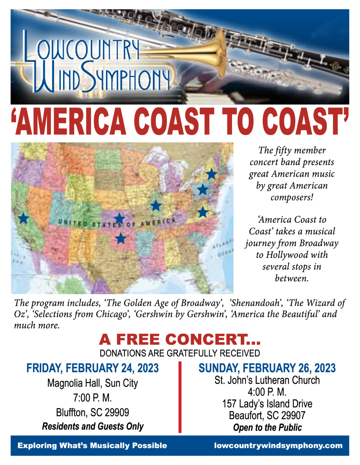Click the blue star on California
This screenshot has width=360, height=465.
pyautogui.click(x=23, y=218)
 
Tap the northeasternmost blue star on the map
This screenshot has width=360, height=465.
pyautogui.click(x=211, y=174)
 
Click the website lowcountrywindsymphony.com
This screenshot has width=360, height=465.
pyautogui.click(x=278, y=445)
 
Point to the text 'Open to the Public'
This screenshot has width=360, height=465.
pyautogui.click(x=267, y=427)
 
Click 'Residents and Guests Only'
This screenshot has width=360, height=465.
pyautogui.click(x=92, y=426)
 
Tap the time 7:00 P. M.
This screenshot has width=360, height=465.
pyautogui.click(x=92, y=398)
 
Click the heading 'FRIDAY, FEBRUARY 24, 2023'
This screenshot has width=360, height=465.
pyautogui.click(x=92, y=368)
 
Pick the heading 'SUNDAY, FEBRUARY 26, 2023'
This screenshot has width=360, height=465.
pyautogui.click(x=267, y=368)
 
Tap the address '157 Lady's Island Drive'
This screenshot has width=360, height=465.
pyautogui.click(x=267, y=404)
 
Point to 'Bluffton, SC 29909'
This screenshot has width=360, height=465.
pyautogui.click(x=92, y=412)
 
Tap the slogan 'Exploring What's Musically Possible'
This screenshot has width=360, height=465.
pyautogui.click(x=92, y=445)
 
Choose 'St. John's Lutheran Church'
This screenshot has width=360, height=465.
pyautogui.click(x=267, y=380)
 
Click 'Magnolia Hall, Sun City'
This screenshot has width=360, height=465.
pyautogui.click(x=92, y=383)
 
